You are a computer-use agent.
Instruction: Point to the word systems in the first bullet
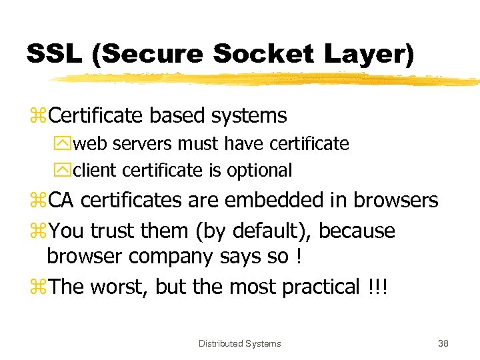click(248, 116)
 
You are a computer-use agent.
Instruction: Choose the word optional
click(259, 171)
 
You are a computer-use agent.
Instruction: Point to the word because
click(359, 231)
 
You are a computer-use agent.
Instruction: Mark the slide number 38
click(443, 343)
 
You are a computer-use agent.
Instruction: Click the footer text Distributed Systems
click(240, 343)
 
